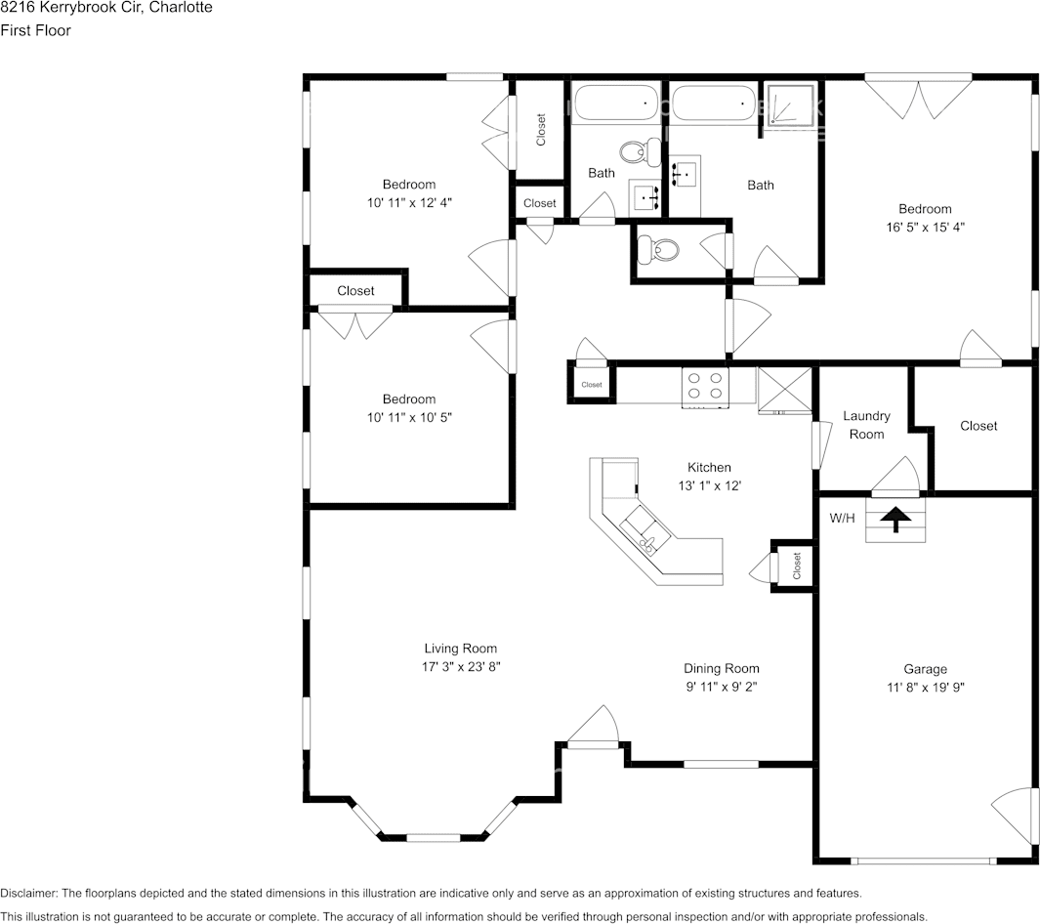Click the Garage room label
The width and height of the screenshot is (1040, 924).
[925, 669]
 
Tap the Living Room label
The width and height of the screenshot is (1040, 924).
[460, 648]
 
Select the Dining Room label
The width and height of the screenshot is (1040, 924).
[722, 669]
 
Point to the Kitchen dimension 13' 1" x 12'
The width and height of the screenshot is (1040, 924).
[709, 485]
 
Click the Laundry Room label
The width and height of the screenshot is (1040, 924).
[866, 425]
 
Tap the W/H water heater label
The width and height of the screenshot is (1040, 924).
[843, 518]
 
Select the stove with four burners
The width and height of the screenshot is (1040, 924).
[705, 387]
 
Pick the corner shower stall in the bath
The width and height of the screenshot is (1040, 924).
[789, 108]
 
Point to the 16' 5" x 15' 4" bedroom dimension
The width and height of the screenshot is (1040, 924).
[925, 228]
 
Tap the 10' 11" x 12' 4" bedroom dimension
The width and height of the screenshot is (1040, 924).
[409, 203]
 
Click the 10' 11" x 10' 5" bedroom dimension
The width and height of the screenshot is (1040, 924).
[409, 417]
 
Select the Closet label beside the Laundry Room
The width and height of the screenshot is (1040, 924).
[978, 426]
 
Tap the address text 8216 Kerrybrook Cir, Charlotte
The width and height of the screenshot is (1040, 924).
[106, 8]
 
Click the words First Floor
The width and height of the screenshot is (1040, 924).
[35, 30]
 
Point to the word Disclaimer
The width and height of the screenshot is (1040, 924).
[29, 894]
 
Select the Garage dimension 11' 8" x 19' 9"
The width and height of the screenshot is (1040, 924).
[925, 688]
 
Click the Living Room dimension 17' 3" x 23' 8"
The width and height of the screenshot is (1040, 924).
[461, 667]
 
